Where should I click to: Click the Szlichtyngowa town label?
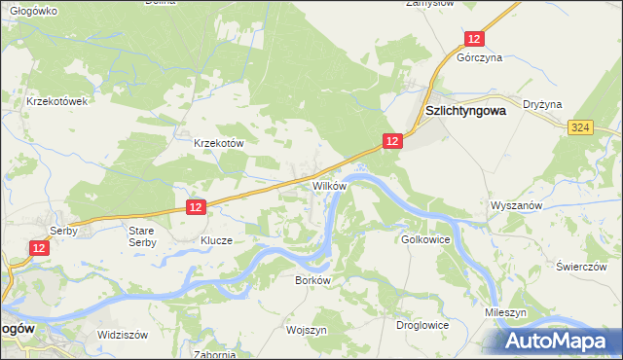coord(466,111)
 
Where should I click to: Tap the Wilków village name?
coord(329,185)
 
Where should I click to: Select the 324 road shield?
coord(581,127)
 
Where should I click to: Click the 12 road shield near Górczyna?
coord(473,39)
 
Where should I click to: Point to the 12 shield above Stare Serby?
coord(196,207)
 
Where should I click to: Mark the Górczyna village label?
coord(480,58)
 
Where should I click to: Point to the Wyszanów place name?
coord(515,207)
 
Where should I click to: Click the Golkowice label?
coord(423,238)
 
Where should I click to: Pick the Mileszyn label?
coord(506,313)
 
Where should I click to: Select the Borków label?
coord(313,279)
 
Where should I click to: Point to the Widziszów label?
coord(122,334)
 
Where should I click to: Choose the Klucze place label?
coord(216,239)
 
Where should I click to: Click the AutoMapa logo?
coord(560,342)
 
